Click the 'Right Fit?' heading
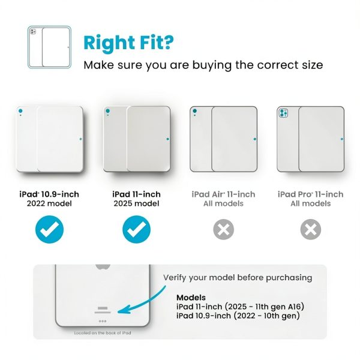point(128,43)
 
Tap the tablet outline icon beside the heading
point(49,47)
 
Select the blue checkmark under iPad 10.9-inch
point(49,229)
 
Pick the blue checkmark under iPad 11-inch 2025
point(137,229)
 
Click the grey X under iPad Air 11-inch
point(224,229)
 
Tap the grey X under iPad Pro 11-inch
point(311,229)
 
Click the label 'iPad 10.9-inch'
point(49,194)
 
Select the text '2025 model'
point(136,203)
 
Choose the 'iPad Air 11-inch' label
point(223,194)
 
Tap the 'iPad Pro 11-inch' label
point(311,194)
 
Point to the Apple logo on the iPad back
point(103,267)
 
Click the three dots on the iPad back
point(103,321)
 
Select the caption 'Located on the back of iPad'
point(103,333)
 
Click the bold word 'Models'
point(191,298)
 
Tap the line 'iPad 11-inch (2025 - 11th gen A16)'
point(241,307)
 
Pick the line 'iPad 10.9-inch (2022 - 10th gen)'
point(238,316)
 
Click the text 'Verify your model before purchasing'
point(238,278)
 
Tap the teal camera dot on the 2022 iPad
point(20,111)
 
